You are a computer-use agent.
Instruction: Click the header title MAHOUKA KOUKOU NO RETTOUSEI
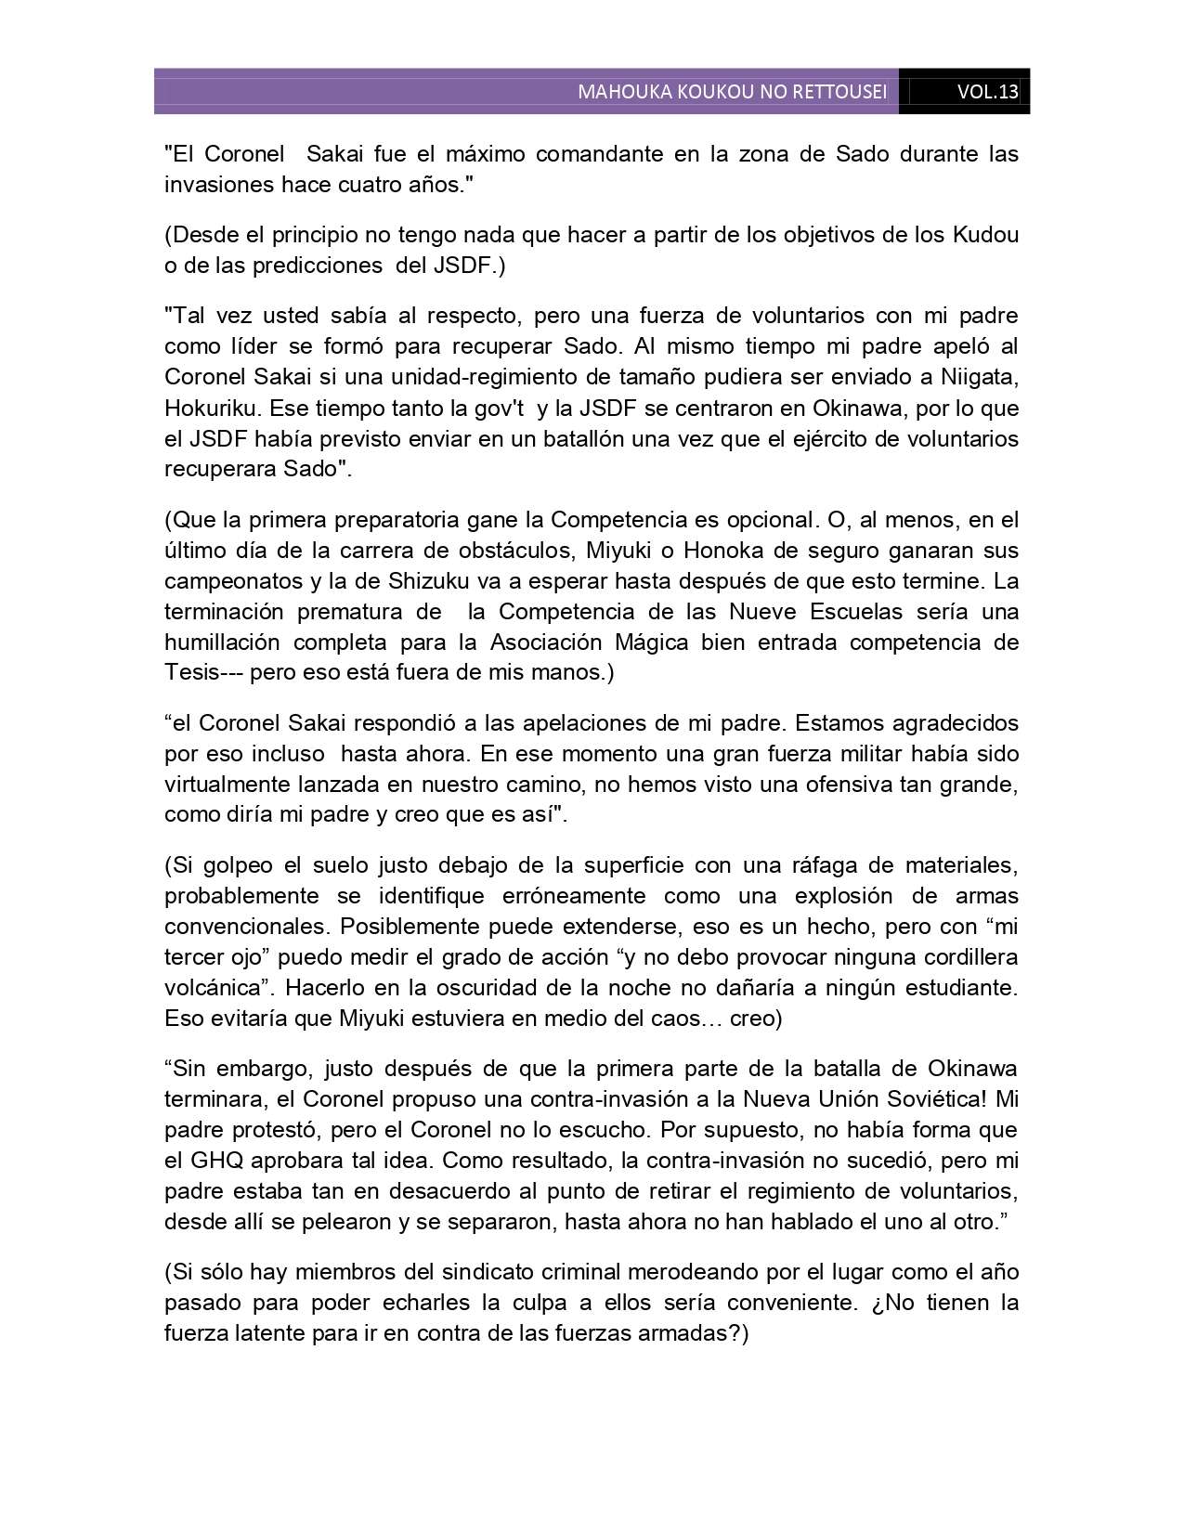click(x=732, y=92)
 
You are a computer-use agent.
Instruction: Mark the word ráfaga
click(x=822, y=865)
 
